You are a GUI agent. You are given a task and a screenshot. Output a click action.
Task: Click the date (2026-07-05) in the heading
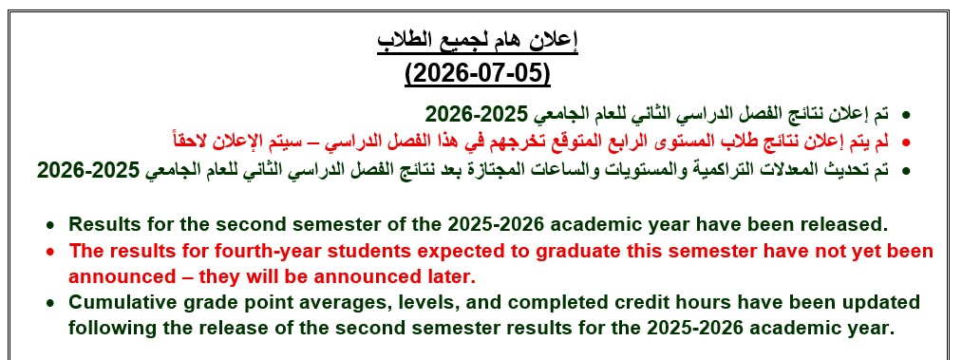coord(478,73)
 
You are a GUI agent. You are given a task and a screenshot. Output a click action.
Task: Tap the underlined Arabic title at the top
coord(478,43)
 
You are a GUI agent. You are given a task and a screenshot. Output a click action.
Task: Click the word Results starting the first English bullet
coord(104,224)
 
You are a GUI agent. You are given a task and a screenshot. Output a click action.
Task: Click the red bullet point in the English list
coord(51,252)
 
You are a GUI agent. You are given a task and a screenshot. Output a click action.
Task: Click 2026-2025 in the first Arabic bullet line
coord(477,113)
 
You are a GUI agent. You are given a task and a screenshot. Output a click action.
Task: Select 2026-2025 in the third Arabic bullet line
coord(88,169)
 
